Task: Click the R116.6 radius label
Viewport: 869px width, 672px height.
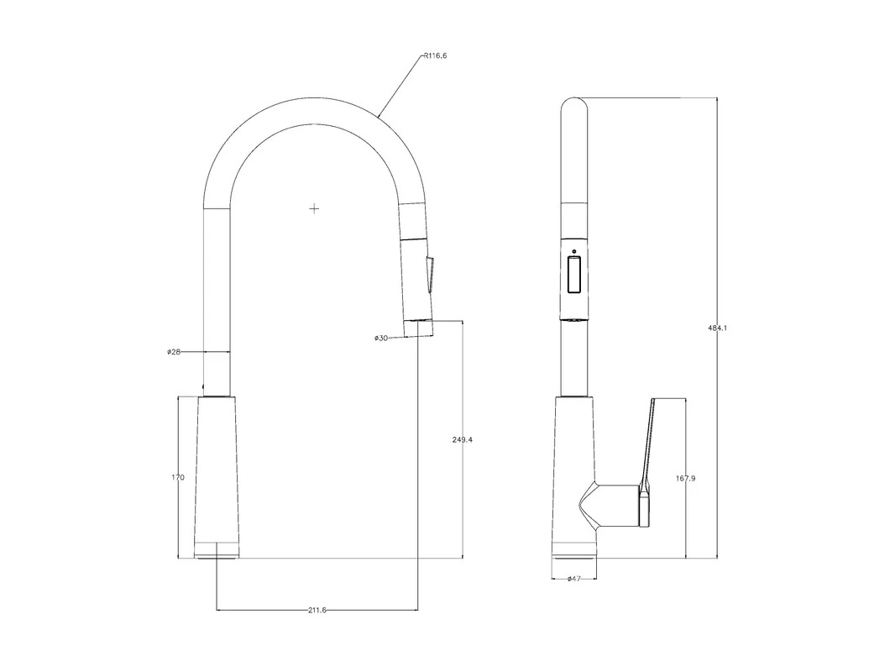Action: (x=435, y=55)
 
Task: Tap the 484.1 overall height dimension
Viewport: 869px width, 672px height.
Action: (x=718, y=328)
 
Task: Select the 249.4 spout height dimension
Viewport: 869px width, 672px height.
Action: (x=463, y=439)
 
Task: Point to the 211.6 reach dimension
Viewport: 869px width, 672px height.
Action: (x=317, y=610)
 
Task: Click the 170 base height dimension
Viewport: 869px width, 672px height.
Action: (x=178, y=477)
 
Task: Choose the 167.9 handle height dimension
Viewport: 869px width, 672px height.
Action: (x=686, y=477)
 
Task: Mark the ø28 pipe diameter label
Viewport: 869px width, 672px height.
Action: (x=174, y=351)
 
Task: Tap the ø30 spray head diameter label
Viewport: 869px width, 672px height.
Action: (x=380, y=338)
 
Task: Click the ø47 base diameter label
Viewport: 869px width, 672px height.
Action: (x=574, y=578)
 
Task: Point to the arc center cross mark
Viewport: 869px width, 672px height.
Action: (x=314, y=208)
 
